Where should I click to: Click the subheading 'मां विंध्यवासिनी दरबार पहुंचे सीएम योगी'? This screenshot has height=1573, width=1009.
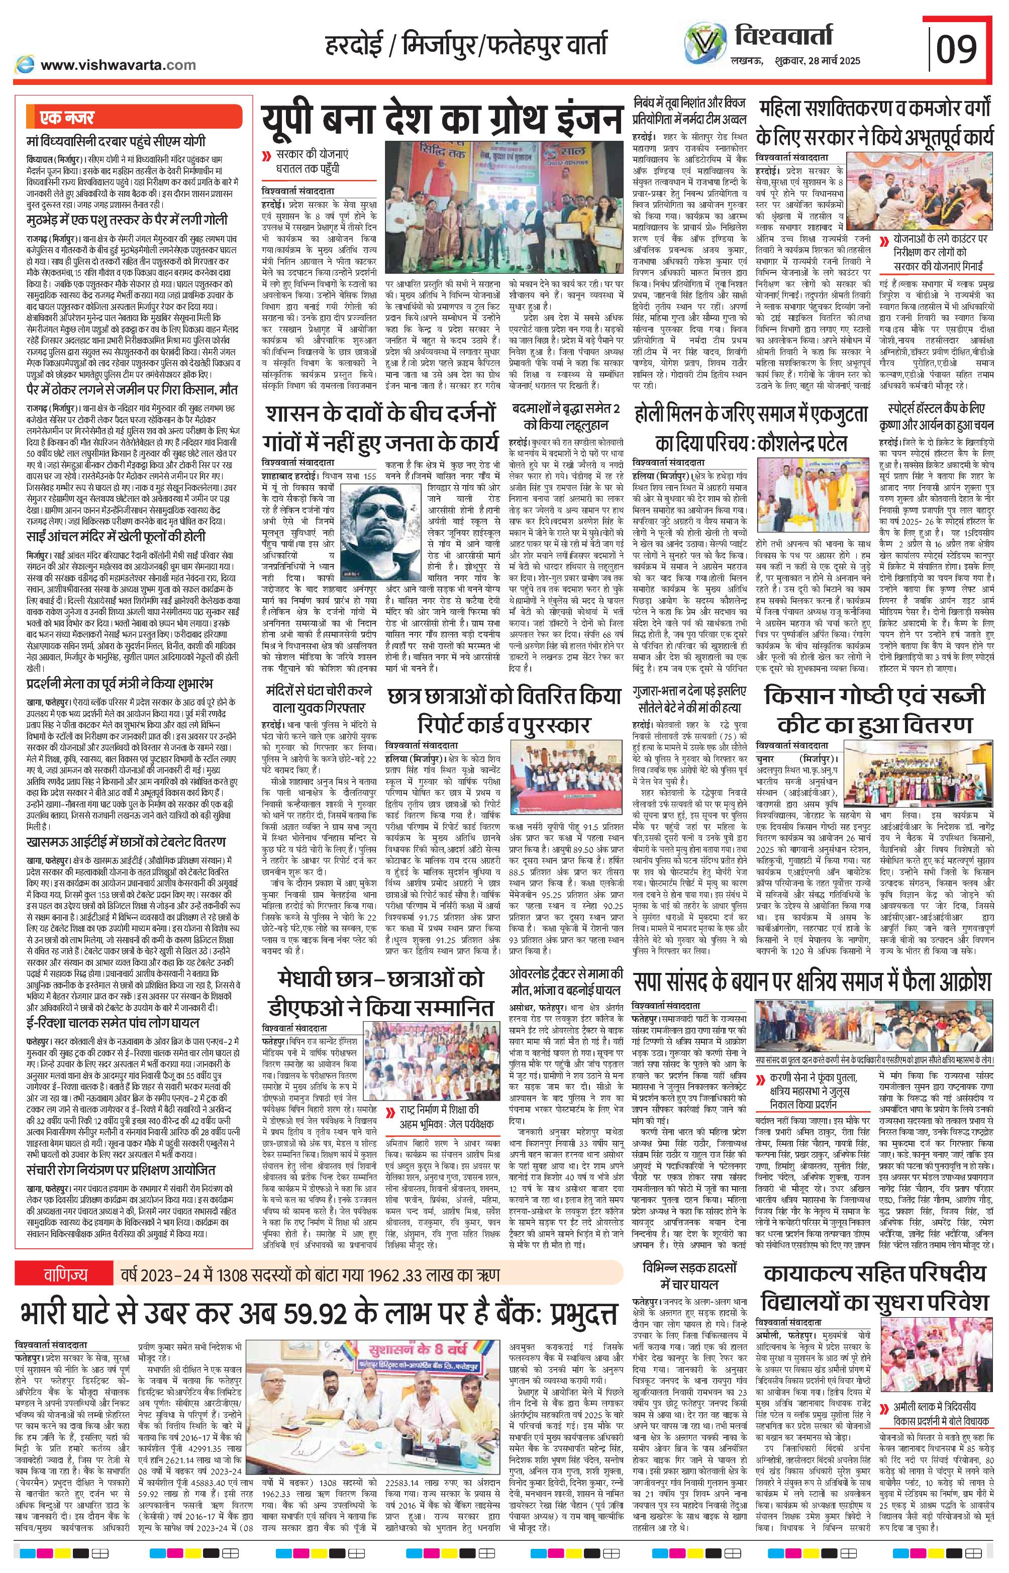point(115,141)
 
